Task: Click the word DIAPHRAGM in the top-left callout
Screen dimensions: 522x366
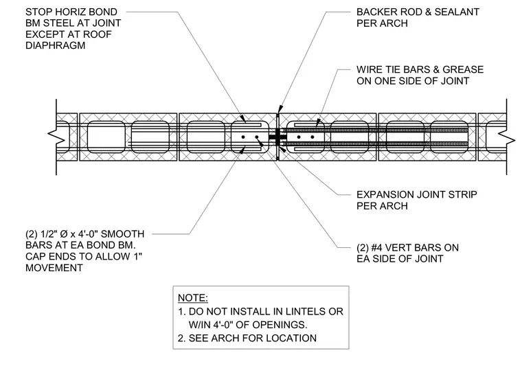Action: pyautogui.click(x=55, y=45)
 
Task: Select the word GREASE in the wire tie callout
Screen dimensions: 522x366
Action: pyautogui.click(x=463, y=69)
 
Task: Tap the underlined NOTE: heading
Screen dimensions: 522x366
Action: pyautogui.click(x=193, y=298)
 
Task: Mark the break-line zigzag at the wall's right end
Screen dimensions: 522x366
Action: pyautogui.click(x=507, y=137)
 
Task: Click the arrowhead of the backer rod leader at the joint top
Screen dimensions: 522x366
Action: pyautogui.click(x=280, y=109)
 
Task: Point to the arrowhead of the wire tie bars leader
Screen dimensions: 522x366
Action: pyautogui.click(x=317, y=123)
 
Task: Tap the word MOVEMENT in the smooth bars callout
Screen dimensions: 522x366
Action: pyautogui.click(x=54, y=268)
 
